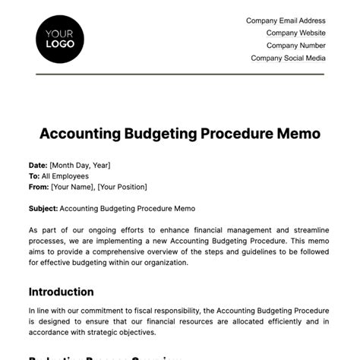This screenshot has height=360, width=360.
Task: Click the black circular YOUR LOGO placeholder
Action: (60, 38)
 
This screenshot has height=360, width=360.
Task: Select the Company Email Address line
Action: (286, 21)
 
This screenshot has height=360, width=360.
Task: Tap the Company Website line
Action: (295, 33)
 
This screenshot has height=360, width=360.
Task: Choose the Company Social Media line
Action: (288, 58)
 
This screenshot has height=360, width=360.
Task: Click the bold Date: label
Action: (38, 165)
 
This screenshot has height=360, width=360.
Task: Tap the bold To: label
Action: (34, 175)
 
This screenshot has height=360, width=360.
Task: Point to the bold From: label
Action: (39, 187)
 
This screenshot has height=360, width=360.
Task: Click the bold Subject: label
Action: (43, 208)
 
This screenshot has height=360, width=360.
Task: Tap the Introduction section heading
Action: (62, 292)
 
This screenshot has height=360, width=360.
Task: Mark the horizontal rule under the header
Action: (180, 74)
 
